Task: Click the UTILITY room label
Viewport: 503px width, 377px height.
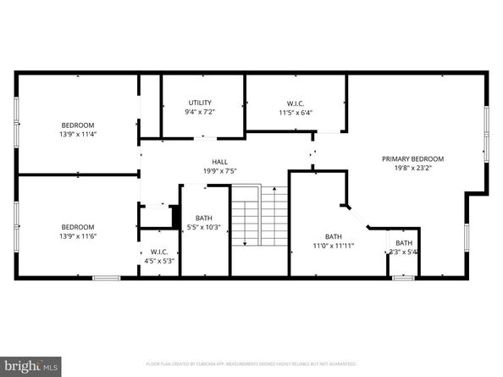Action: tap(201, 103)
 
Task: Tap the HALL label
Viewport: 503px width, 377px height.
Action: tap(219, 161)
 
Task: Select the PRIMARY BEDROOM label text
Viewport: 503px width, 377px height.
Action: tap(412, 158)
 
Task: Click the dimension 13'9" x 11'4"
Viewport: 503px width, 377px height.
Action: tap(78, 134)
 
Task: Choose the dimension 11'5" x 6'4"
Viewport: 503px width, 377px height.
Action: tap(296, 112)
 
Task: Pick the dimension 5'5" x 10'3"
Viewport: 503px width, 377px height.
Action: tap(203, 226)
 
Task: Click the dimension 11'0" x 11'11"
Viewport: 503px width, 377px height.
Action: tap(334, 246)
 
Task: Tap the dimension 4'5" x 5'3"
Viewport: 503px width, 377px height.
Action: tap(160, 260)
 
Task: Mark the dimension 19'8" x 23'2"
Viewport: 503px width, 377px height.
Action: tap(412, 168)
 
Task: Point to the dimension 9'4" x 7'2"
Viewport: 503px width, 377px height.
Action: tap(201, 112)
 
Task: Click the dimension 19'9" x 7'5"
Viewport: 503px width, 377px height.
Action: tap(219, 170)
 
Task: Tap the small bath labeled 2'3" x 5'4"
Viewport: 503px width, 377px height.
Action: tap(404, 247)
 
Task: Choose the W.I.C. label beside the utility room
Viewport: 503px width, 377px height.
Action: tap(296, 103)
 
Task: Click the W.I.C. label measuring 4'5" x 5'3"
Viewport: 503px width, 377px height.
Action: tap(160, 251)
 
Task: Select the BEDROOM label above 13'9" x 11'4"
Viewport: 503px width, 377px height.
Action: tap(78, 125)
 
